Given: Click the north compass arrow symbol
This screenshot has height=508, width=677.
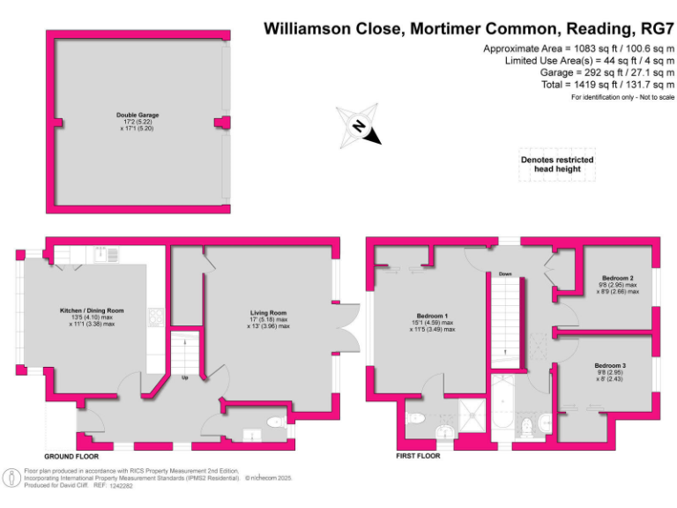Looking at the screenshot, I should point(360,126).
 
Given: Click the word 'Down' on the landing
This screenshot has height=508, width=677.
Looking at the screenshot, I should point(505,274).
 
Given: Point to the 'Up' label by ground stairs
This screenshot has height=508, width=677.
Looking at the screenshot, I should point(186,378).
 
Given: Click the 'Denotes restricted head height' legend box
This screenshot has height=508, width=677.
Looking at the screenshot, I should point(557,164).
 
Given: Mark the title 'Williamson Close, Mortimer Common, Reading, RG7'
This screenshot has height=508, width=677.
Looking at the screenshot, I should point(469,29).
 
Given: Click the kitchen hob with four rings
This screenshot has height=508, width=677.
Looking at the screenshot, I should point(155,316).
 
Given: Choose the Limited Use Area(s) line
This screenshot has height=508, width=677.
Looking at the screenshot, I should point(589,60).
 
